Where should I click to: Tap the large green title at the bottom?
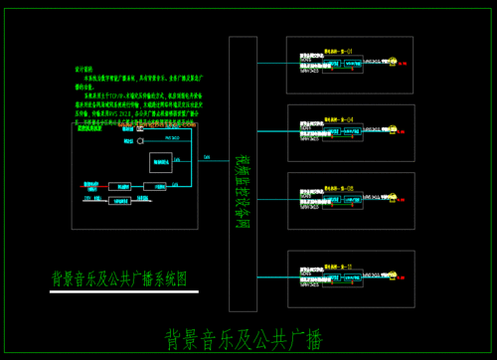click(x=244, y=338)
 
